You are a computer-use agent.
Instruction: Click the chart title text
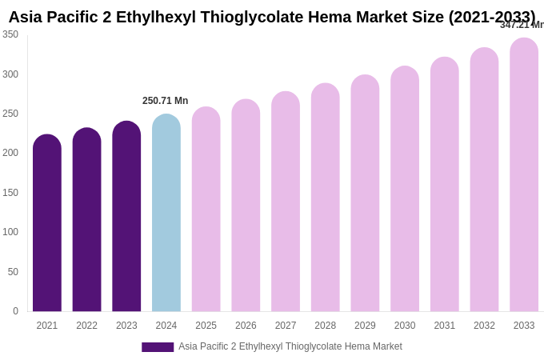pyautogui.click(x=272, y=17)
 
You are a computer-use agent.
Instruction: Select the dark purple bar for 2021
pyautogui.click(x=47, y=224)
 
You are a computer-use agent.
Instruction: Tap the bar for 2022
pyautogui.click(x=86, y=221)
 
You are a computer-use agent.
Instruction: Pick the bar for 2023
pyautogui.click(x=126, y=218)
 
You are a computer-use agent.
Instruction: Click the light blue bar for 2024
pyautogui.click(x=166, y=214)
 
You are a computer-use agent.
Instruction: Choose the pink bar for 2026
pyautogui.click(x=246, y=206)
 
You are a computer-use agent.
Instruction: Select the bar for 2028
pyautogui.click(x=325, y=198)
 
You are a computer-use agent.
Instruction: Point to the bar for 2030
pyautogui.click(x=405, y=190)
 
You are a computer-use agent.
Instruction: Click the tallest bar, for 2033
pyautogui.click(x=524, y=176)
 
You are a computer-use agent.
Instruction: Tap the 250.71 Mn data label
pyautogui.click(x=166, y=101)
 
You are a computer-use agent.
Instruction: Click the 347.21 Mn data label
pyautogui.click(x=522, y=25)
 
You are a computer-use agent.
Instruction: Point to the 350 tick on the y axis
pyautogui.click(x=10, y=34)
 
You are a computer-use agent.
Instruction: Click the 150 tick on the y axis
pyautogui.click(x=10, y=193)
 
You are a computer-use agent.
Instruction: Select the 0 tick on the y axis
pyautogui.click(x=14, y=311)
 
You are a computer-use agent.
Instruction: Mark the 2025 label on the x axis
pyautogui.click(x=206, y=326)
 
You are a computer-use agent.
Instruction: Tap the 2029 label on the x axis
pyautogui.click(x=365, y=326)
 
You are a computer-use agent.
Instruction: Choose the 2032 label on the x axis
pyautogui.click(x=484, y=326)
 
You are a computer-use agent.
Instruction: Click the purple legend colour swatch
pyautogui.click(x=158, y=347)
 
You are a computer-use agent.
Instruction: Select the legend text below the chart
pyautogui.click(x=290, y=346)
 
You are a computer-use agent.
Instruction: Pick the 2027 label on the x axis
pyautogui.click(x=286, y=326)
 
